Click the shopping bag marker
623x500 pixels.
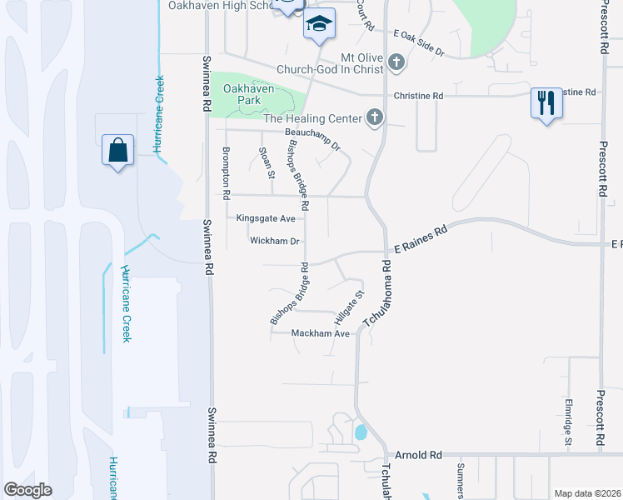[x=117, y=151]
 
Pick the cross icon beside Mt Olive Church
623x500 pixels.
[x=396, y=62]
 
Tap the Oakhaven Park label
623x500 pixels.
[x=248, y=93]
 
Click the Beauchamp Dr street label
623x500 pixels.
[x=313, y=138]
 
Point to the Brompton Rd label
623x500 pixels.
[x=226, y=172]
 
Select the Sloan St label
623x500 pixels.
[x=267, y=162]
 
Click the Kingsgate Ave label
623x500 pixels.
[x=266, y=218]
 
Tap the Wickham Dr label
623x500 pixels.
[x=274, y=241]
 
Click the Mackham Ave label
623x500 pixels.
[x=320, y=333]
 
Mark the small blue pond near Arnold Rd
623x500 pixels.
[x=361, y=432]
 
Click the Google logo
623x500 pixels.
[x=28, y=490]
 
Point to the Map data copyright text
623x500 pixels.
[x=586, y=493]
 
